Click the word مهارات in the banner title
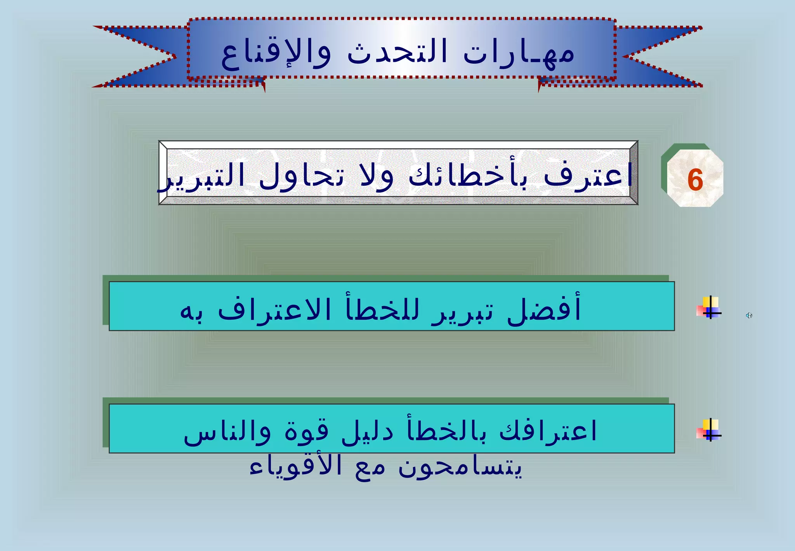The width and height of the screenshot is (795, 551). pyautogui.click(x=519, y=54)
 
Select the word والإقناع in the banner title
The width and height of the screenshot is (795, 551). pyautogui.click(x=276, y=54)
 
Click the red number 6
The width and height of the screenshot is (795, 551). pyautogui.click(x=695, y=180)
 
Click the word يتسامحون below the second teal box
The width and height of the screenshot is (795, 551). pyautogui.click(x=460, y=466)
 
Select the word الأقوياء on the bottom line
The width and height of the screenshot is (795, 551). pyautogui.click(x=295, y=466)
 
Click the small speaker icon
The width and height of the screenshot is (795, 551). pyautogui.click(x=749, y=316)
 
